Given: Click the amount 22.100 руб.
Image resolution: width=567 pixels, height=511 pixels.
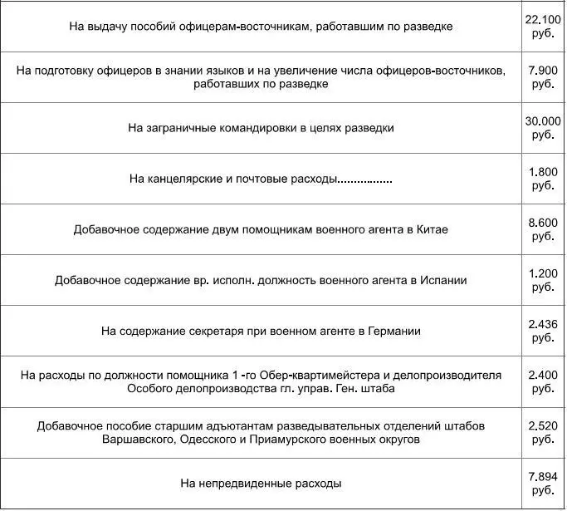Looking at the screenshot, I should coord(544,26).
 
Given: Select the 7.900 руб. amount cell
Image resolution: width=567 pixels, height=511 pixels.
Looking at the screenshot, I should coord(544,77).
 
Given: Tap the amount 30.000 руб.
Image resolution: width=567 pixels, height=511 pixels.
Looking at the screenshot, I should coord(544,128).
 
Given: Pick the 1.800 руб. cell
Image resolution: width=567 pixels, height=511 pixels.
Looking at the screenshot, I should coord(544,179).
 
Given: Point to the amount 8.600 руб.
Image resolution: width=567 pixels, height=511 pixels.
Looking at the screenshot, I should coord(544,229).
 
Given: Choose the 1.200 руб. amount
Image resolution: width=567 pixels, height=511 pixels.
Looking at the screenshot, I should coord(544,280).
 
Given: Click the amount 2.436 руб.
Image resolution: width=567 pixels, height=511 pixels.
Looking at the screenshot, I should coord(544,331).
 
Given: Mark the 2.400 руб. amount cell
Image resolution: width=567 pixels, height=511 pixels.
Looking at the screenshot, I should coord(544,381).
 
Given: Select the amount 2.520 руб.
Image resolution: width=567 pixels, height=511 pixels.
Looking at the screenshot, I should coord(544,432).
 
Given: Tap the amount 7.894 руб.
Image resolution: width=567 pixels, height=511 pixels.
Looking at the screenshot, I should coord(544,483).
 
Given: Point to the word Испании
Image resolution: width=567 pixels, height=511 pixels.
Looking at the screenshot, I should coord(443,280).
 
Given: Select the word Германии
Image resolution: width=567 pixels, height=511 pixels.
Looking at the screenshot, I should coord(391,331).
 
